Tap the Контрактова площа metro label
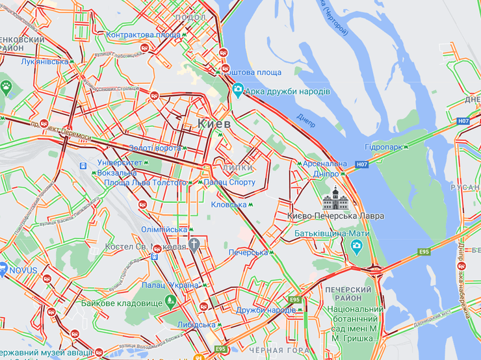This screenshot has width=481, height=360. pos(143,34)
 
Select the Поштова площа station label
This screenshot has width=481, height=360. pos(254,72)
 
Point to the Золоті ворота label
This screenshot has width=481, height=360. pos(155,148)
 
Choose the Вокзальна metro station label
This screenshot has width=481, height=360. pos(118,173)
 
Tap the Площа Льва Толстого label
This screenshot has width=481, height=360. pos(145,183)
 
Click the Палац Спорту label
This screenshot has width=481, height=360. pos(229,183)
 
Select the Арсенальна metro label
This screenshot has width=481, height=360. pos(326,164)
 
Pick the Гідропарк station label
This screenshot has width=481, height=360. pos(386,148)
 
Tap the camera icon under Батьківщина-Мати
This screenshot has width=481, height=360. pos(356,245)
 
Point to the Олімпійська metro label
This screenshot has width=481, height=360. pos(163,230)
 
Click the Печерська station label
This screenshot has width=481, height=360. pos(248,252)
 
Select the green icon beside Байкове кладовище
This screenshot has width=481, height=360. pos(170,300)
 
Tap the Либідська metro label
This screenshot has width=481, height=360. pos(194,325)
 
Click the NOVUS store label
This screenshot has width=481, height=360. pos(23,270)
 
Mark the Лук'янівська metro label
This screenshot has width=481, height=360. pos(44,62)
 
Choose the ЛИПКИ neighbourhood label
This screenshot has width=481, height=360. pos(237,168)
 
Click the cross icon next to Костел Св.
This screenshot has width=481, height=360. pos(194,245)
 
